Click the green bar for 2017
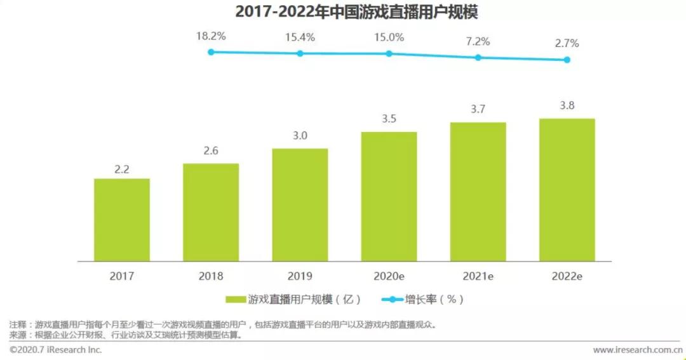[122, 220]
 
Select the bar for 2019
[300, 204]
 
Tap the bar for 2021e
[478, 192]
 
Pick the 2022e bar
[567, 190]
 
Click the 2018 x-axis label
[211, 277]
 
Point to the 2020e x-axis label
[389, 277]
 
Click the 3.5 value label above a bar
[389, 119]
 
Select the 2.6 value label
[211, 150]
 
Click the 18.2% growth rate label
[211, 36]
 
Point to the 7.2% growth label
[478, 42]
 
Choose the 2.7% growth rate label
[567, 44]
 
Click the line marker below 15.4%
[300, 53]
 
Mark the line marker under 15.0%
[389, 53]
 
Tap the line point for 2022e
[567, 60]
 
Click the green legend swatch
[236, 299]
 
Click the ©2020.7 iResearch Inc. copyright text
[56, 350]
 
